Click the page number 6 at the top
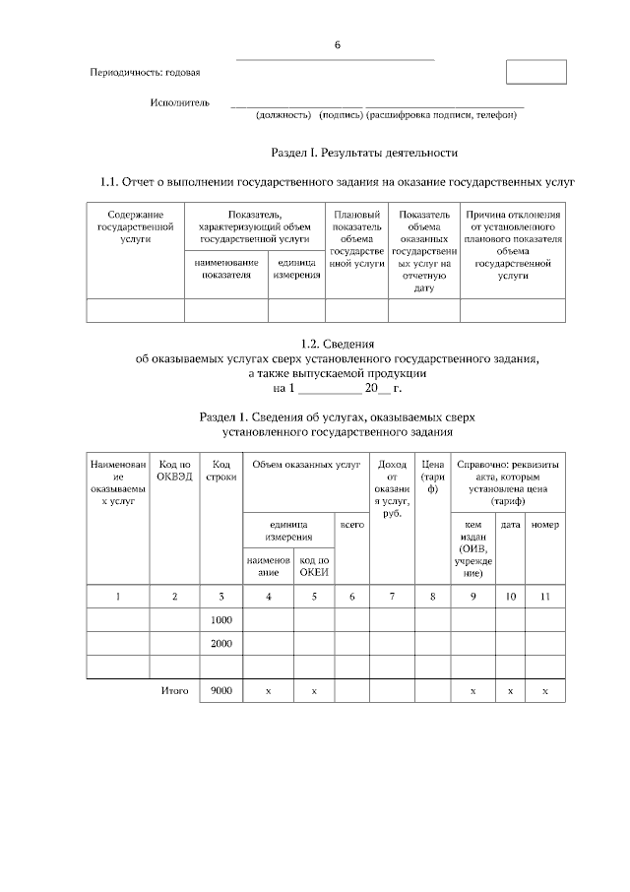[337, 45]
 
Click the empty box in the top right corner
[535, 73]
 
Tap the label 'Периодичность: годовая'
[145, 73]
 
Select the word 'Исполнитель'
[180, 101]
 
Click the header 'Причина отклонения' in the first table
[513, 214]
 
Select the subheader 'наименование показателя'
[226, 269]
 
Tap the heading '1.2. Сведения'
[338, 344]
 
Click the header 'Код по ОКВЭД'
[174, 471]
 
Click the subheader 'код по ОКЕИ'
[313, 566]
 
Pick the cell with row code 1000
[220, 620]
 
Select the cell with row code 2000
[220, 644]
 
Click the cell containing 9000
[220, 691]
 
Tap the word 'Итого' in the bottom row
[174, 691]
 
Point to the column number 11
[544, 597]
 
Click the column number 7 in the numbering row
[392, 597]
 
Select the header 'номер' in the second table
[544, 525]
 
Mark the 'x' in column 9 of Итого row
[472, 692]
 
